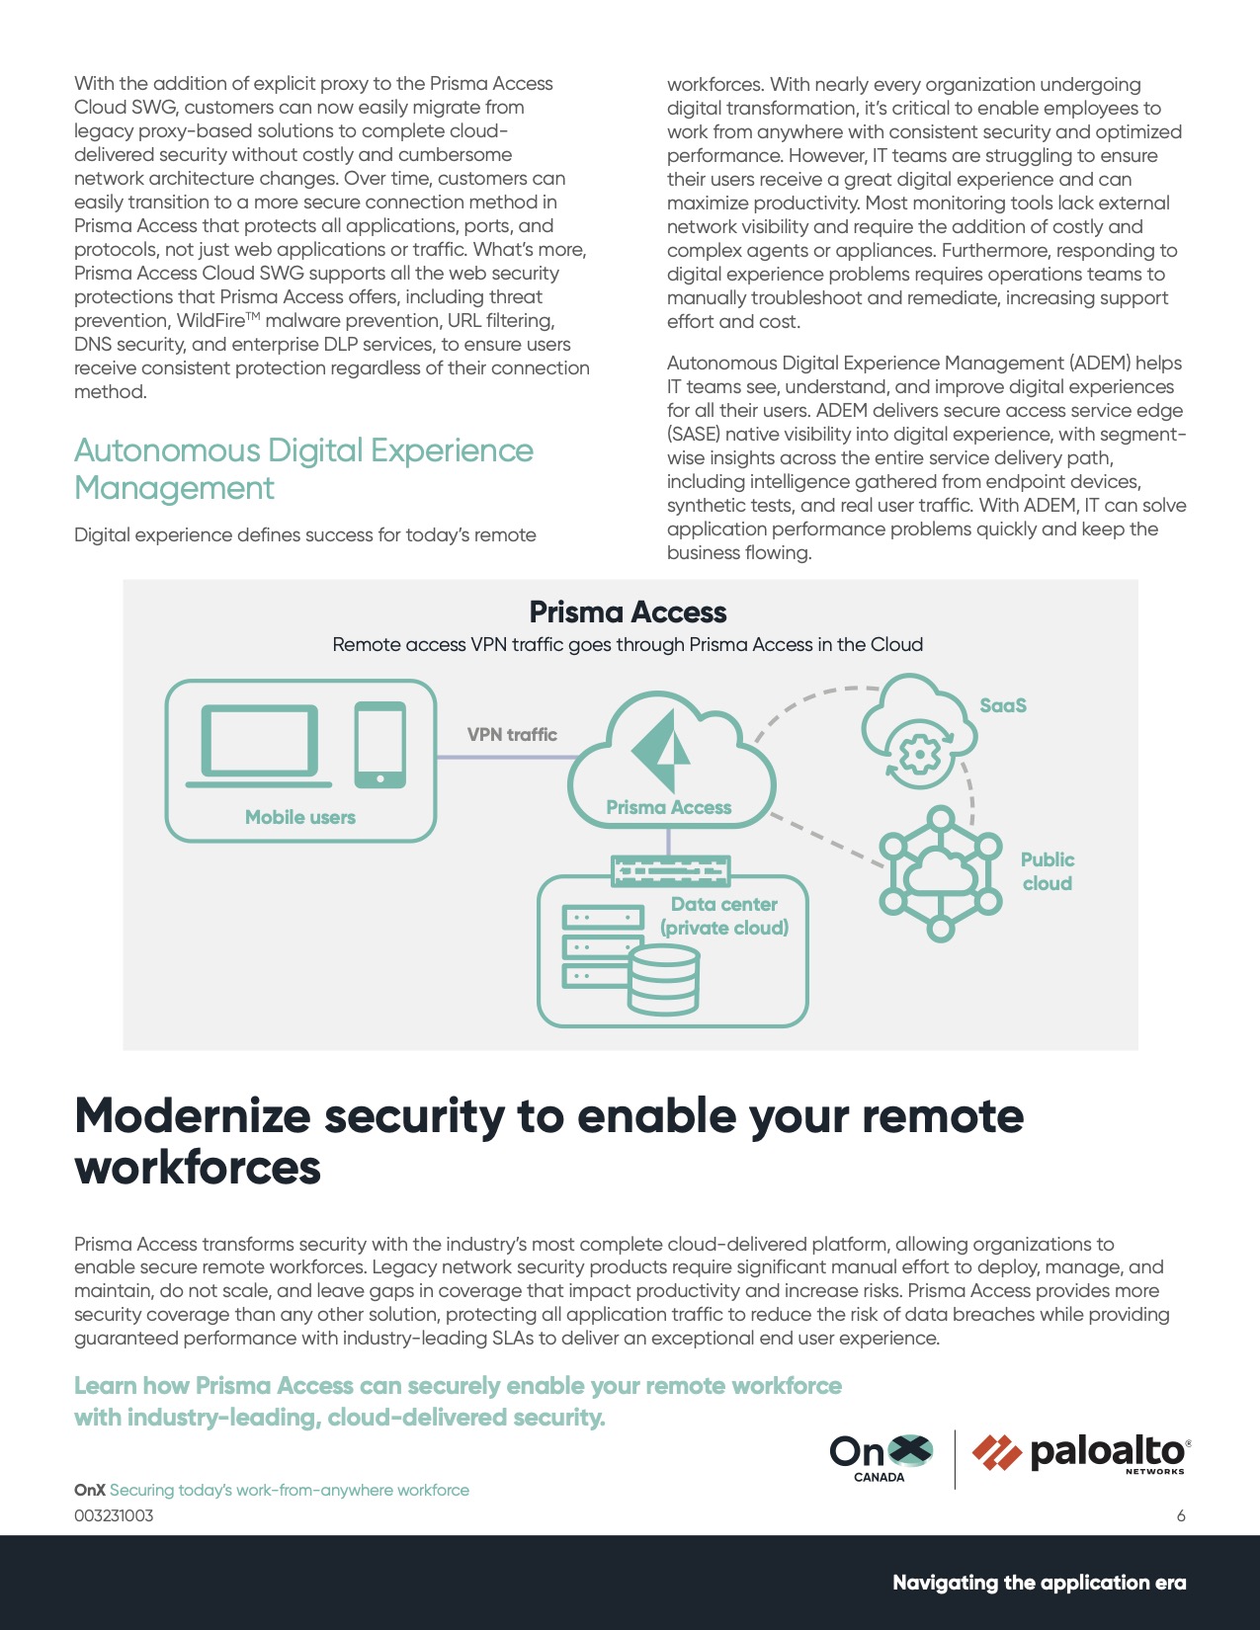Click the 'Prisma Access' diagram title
628,612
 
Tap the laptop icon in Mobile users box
259,745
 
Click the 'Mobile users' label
299,817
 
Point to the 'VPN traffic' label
512,735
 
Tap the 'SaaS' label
1002,705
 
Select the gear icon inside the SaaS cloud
919,756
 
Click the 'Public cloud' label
1047,871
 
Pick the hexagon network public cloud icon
940,873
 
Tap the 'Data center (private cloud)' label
724,916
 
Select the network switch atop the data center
670,870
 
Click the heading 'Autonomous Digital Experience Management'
303,469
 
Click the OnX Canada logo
880,1457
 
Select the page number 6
1180,1516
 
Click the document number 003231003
114,1516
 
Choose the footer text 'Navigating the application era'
1039,1583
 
